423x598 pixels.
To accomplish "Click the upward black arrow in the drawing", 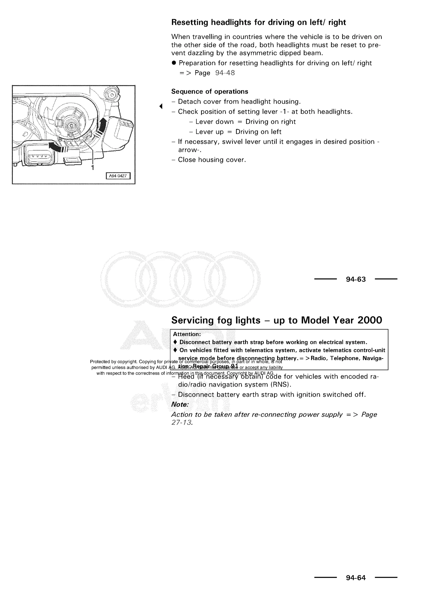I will [103, 125].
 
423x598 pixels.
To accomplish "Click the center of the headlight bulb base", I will [71, 126].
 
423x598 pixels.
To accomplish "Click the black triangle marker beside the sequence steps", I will [161, 106].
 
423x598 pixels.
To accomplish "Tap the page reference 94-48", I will [225, 73].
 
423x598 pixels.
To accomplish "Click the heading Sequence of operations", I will [209, 92].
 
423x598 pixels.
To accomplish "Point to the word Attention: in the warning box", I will [187, 334].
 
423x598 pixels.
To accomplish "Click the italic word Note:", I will [180, 405].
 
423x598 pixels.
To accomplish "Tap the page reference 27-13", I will [182, 422].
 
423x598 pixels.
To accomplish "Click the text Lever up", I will [209, 132].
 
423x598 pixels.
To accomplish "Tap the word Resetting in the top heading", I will [190, 22].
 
